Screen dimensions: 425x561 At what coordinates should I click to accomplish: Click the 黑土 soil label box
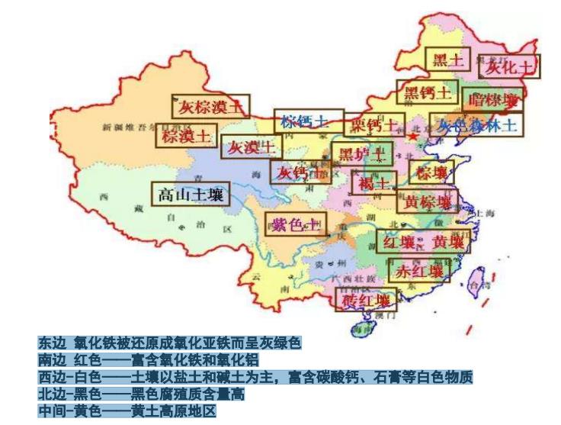click(447, 60)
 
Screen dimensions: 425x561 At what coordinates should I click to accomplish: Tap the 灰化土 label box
click(509, 66)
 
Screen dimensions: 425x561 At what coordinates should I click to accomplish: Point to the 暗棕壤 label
click(493, 100)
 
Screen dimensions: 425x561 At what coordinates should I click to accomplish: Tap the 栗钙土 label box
click(367, 124)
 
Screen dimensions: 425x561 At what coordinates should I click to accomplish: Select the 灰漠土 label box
click(247, 146)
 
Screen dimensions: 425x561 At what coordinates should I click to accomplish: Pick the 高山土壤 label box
click(190, 195)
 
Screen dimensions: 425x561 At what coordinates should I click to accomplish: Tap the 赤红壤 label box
click(417, 270)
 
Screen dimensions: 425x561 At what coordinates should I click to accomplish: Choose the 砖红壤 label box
click(365, 299)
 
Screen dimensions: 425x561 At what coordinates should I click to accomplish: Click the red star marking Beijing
click(412, 137)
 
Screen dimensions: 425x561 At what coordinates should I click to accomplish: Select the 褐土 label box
click(373, 183)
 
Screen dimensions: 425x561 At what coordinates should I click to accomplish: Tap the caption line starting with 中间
click(128, 411)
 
